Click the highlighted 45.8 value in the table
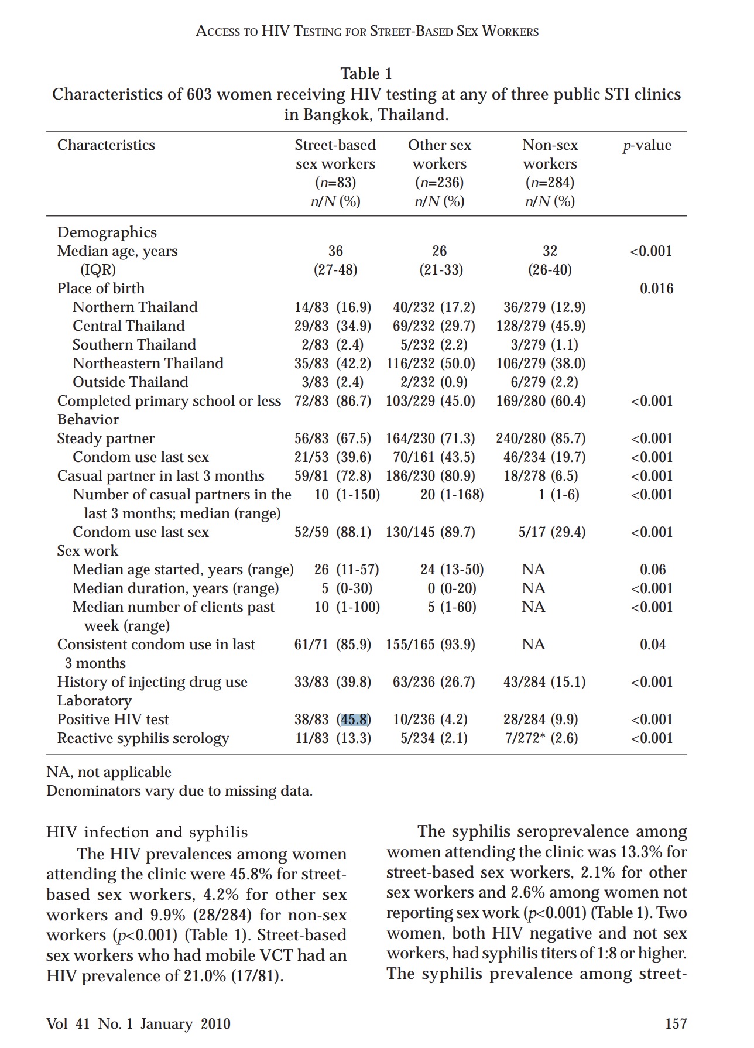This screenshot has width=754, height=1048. (x=355, y=720)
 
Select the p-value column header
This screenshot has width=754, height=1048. (x=647, y=145)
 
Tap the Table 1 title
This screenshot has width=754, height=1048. (x=366, y=74)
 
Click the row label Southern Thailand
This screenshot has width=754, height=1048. (x=134, y=345)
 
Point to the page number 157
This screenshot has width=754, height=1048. (x=676, y=1023)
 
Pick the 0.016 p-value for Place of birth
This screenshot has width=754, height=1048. (x=656, y=289)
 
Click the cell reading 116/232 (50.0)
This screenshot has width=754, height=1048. (x=431, y=364)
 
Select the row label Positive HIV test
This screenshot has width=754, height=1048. (x=113, y=720)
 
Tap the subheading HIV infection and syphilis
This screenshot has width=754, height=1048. (x=147, y=832)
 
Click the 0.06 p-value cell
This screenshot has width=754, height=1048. (x=653, y=570)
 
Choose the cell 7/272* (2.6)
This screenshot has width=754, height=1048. (x=541, y=738)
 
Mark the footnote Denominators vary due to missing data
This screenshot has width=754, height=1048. (x=179, y=791)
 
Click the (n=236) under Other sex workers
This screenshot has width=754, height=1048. (x=439, y=183)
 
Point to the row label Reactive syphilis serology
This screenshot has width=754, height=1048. (x=143, y=738)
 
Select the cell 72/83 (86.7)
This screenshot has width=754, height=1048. (x=333, y=401)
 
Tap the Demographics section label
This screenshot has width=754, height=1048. (x=107, y=232)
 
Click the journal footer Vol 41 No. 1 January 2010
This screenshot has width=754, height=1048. (x=138, y=1023)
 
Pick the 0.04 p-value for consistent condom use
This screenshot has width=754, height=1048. (x=653, y=645)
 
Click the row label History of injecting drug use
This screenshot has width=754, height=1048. (x=152, y=682)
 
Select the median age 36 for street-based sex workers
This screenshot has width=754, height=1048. (x=335, y=251)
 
